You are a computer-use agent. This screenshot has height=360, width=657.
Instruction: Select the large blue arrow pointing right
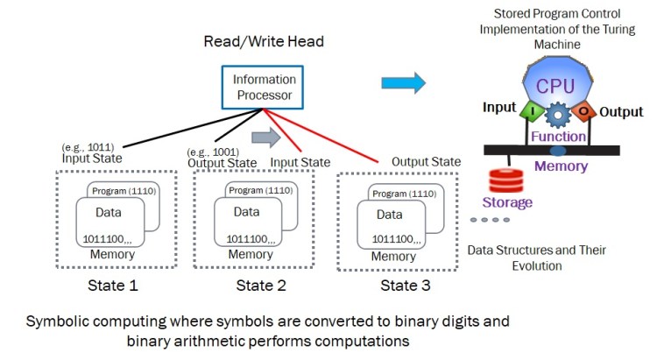[403, 83]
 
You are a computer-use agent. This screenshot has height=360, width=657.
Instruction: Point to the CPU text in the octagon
[555, 86]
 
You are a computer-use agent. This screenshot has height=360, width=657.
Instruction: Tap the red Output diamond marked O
[583, 112]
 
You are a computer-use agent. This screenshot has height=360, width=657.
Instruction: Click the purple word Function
[558, 137]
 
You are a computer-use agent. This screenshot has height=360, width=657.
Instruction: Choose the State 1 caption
[113, 286]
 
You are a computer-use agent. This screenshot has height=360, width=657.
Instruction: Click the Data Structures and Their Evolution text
[536, 258]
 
